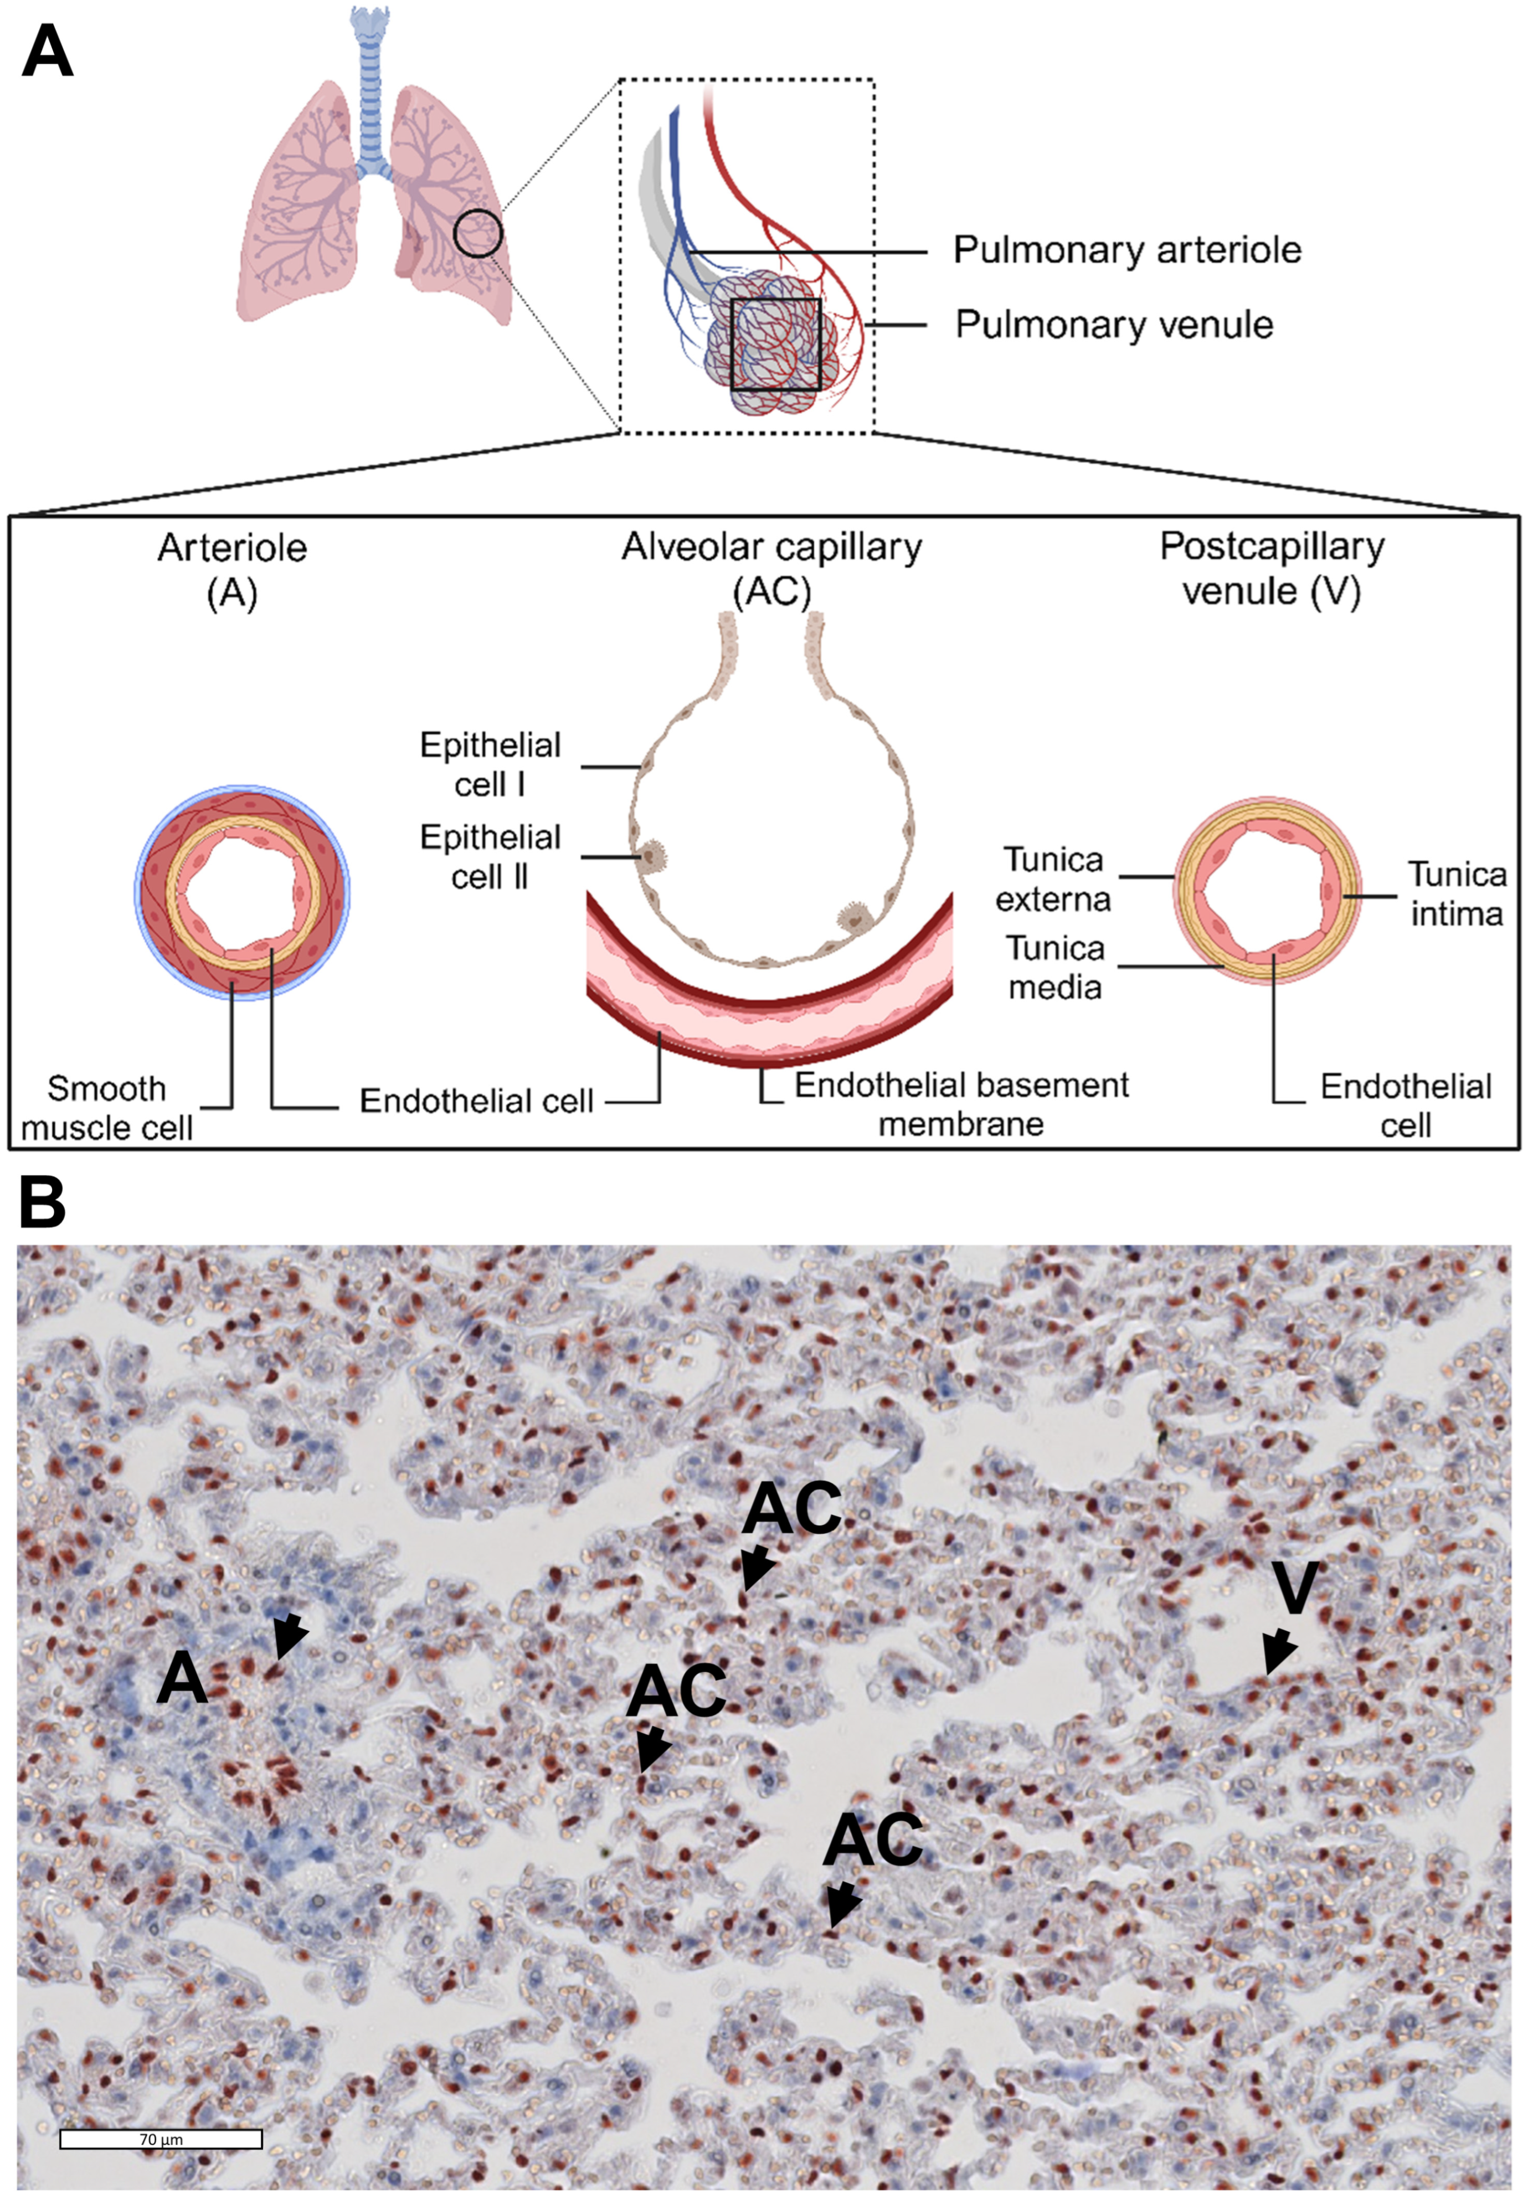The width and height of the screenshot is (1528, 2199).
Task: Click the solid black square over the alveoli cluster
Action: (x=775, y=343)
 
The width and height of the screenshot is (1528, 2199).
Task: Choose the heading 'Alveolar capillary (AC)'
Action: (x=771, y=569)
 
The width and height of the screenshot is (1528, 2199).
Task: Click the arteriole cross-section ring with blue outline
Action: (x=242, y=892)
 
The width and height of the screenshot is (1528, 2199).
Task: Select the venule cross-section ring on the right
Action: (x=1265, y=892)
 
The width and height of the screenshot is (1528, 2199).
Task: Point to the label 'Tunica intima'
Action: (x=1455, y=893)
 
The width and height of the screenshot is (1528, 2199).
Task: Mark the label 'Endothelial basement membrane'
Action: (x=961, y=1104)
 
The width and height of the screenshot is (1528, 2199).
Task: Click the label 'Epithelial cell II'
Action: (x=490, y=857)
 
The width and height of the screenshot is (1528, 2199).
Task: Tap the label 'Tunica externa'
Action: (x=1053, y=879)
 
